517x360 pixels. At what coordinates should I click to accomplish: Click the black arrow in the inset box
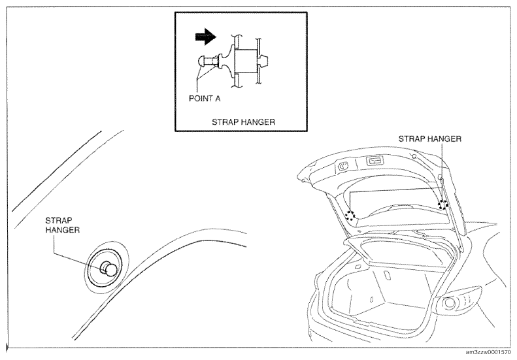point(206,37)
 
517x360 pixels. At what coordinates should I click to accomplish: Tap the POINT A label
point(205,99)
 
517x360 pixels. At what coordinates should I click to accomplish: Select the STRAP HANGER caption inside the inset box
point(243,122)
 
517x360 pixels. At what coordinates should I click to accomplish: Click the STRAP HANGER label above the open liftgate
point(429,139)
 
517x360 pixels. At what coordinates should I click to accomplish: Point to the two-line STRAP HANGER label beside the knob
point(62,225)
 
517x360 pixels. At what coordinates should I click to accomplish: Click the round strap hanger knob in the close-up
point(109,269)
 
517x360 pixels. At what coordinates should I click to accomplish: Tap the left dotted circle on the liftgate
point(350,216)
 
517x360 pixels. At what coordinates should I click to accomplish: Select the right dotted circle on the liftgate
point(443,205)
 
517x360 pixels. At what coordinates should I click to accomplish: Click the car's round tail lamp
point(450,303)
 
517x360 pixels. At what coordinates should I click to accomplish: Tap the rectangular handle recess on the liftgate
point(376,161)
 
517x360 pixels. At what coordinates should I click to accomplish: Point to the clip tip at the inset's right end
point(265,61)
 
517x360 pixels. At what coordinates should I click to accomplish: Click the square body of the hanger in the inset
point(246,61)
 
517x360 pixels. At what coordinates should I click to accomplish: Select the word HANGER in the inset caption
point(259,122)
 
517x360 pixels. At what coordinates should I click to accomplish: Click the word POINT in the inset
point(200,99)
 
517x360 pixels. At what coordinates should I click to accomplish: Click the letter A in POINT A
point(218,99)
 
